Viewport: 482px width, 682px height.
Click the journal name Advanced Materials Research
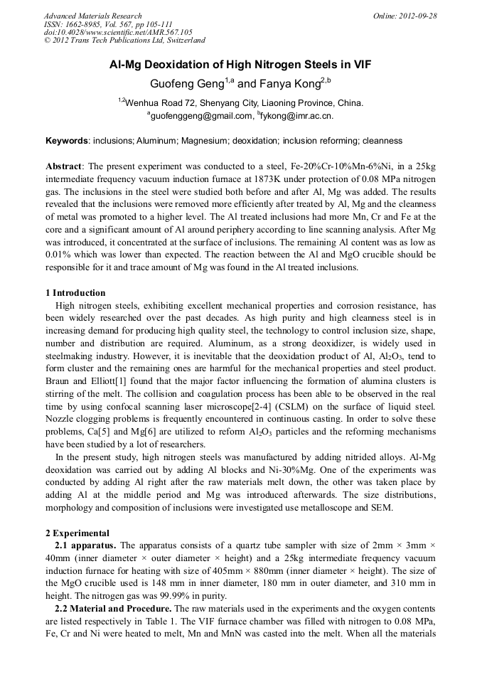tap(92, 16)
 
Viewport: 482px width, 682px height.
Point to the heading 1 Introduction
tap(75, 293)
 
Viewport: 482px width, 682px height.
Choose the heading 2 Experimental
tap(77, 533)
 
